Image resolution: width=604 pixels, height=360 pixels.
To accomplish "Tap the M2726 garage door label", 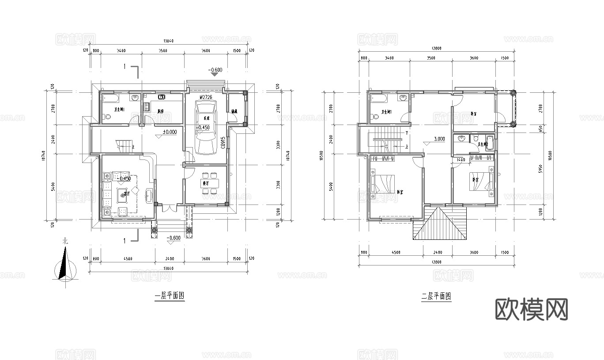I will point(206,97).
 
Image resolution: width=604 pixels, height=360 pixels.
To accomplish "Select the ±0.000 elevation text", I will point(170,132).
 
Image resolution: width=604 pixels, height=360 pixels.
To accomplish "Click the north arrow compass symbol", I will point(65,265).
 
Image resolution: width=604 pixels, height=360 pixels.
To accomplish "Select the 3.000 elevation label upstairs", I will point(439,139).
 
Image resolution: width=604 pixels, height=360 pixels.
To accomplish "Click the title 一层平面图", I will point(169,296).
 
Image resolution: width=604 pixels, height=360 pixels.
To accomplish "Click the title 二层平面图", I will point(436,296).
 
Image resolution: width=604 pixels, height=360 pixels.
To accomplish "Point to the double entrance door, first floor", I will point(167,207).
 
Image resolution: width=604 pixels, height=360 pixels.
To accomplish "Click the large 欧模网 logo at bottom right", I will point(531,309).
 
